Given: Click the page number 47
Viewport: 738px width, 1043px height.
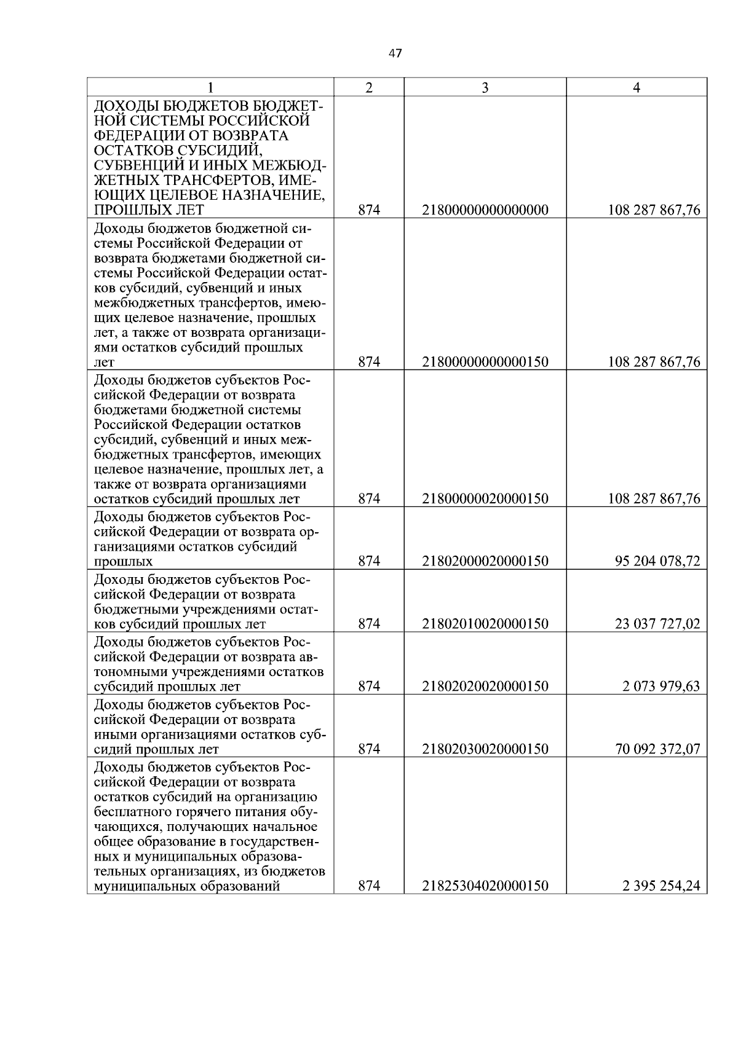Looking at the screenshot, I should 395,53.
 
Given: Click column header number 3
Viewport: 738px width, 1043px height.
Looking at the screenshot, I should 485,88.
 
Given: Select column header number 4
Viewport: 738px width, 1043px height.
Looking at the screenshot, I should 637,88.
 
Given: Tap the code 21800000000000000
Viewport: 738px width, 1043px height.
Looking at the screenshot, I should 485,210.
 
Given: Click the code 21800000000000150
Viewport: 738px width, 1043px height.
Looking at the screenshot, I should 485,362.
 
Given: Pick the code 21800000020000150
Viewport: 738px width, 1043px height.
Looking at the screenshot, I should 485,498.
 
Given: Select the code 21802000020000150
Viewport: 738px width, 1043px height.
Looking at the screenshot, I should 485,561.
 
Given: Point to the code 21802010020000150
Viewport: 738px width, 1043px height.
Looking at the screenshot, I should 485,624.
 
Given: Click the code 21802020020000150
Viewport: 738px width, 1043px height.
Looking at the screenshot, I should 485,687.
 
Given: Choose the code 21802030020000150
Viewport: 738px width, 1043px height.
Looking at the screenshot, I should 485,749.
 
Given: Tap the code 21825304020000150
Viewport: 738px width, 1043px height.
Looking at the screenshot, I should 485,886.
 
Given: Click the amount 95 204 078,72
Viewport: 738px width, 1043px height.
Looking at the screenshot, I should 657,561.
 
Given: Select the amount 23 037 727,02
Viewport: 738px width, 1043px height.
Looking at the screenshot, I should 657,624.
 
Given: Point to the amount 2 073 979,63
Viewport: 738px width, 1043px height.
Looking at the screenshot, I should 661,687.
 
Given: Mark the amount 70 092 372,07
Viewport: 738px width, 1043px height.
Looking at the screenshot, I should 657,749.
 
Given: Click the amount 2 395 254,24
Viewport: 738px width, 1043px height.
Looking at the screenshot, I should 661,886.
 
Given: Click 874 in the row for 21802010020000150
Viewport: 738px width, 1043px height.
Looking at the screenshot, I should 369,624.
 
